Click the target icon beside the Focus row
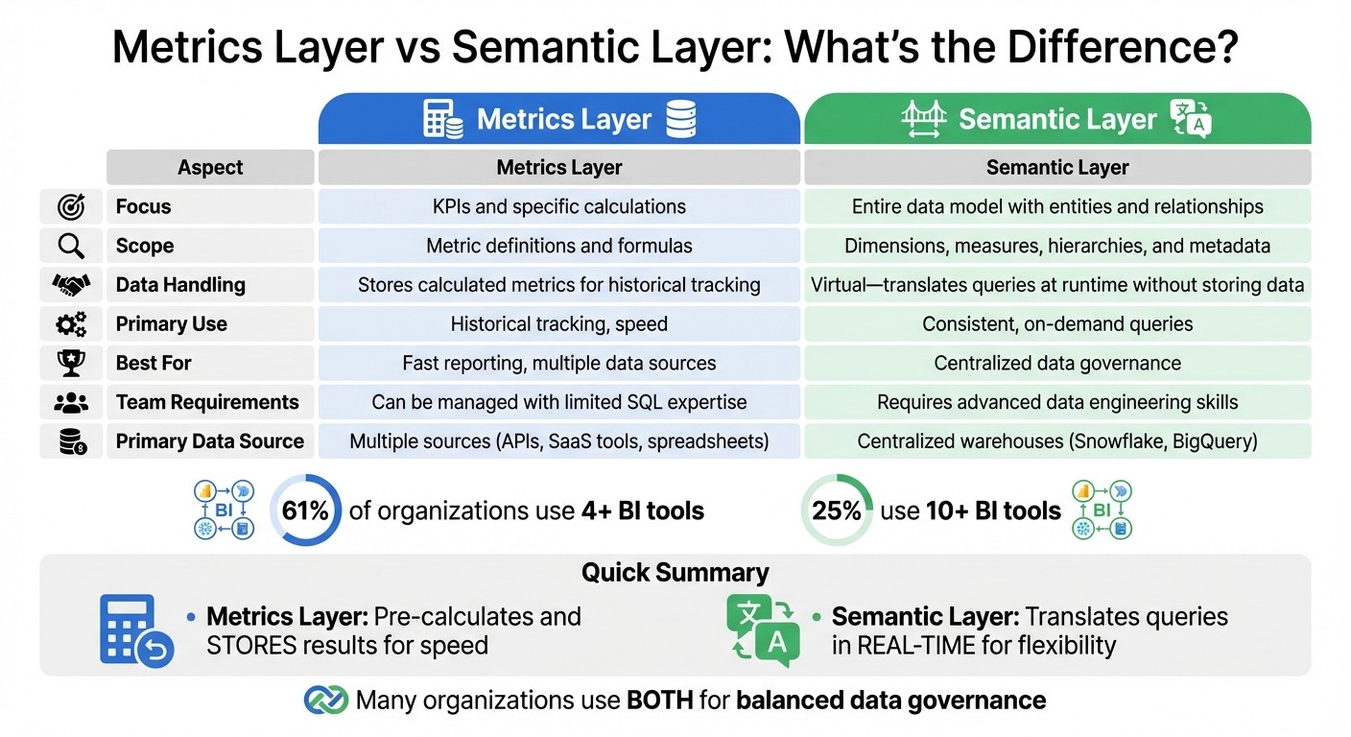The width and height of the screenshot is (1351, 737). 71,206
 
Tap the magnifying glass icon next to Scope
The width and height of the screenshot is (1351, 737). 71,246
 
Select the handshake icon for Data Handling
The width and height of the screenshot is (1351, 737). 71,285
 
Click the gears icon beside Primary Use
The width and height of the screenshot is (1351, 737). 71,324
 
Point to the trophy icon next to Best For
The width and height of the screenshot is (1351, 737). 71,363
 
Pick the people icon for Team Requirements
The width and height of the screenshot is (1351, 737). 71,402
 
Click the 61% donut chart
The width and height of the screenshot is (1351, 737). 305,511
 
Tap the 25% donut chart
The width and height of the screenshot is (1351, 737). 836,511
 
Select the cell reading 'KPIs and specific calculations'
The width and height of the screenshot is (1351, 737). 558,206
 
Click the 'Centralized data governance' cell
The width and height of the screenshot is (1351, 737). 1057,363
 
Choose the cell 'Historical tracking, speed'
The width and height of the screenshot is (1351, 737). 558,324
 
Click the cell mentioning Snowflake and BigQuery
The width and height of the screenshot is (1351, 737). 1057,441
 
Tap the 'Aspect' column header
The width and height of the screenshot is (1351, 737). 210,167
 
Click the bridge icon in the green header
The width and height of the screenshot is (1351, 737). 924,119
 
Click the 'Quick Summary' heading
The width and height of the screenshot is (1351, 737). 675,573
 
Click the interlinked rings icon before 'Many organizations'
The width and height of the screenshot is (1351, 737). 325,701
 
